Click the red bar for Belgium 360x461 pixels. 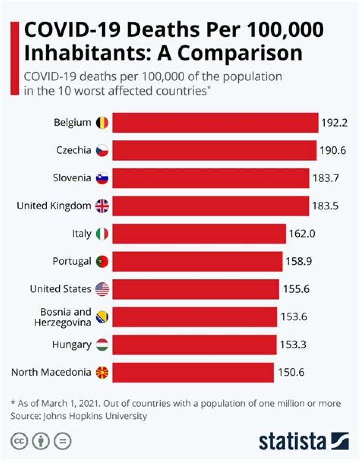(215, 123)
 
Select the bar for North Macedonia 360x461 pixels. (193, 372)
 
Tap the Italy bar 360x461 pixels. (199, 233)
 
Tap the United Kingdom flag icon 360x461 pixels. (102, 206)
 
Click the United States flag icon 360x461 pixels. (102, 289)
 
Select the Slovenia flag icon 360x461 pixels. (102, 178)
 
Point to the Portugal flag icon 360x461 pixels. (102, 261)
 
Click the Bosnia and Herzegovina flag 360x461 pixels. (102, 317)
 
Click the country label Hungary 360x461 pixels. (71, 344)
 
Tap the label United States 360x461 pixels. (60, 289)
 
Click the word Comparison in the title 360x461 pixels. (245, 53)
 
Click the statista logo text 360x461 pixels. (293, 441)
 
